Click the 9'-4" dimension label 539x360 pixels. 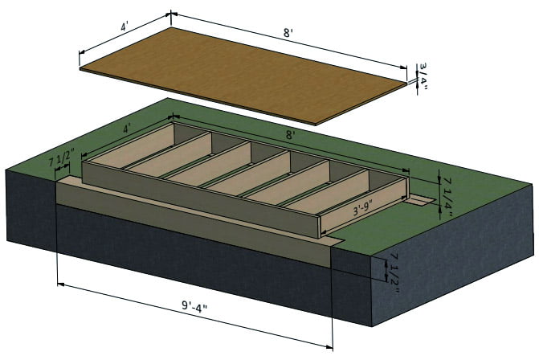(194, 305)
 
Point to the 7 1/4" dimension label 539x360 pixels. (448, 198)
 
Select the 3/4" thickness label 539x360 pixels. (423, 76)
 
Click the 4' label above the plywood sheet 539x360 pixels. (125, 27)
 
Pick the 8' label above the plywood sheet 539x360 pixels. (288, 33)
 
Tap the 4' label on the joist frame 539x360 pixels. (127, 129)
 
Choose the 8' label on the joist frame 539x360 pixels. (291, 135)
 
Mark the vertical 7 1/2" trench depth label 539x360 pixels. (394, 273)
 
